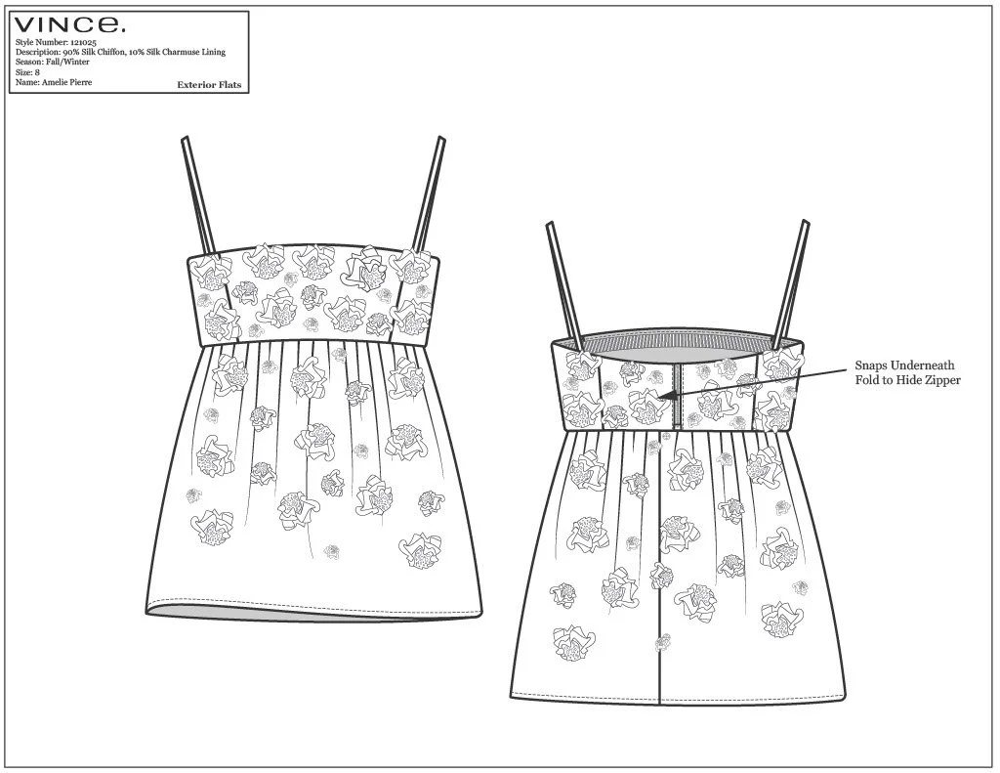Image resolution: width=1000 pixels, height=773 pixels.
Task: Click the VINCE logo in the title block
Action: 69,24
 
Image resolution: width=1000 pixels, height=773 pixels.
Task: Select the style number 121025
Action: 84,42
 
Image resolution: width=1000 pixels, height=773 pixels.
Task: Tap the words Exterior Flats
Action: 209,84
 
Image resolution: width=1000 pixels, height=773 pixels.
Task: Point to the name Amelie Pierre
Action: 67,82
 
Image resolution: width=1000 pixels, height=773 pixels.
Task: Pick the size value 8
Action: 38,72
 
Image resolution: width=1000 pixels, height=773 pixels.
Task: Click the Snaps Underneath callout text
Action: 905,365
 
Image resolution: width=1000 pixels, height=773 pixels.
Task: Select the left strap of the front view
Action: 198,197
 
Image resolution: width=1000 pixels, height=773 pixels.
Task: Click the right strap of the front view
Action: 428,194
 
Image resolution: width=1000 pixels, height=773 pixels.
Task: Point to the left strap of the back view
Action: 563,286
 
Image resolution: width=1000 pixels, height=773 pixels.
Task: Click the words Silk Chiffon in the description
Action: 101,53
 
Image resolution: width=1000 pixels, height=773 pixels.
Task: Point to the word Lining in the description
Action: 214,53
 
